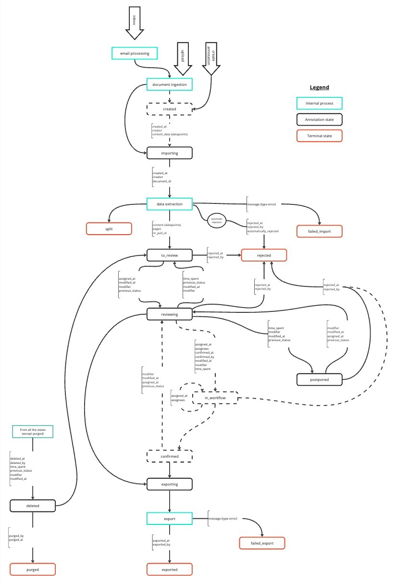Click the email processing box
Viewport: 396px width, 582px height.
(135, 53)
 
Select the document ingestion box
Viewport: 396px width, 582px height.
(169, 85)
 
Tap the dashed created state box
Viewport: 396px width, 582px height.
(169, 109)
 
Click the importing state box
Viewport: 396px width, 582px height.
(169, 153)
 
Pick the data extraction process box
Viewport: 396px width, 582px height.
(169, 204)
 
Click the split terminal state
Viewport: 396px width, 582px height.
(109, 228)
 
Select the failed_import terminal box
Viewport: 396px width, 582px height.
(319, 231)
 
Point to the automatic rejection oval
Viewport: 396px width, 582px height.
(216, 221)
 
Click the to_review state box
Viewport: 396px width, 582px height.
(169, 255)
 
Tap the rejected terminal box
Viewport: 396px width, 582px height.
(264, 255)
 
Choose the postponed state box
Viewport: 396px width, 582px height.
(319, 380)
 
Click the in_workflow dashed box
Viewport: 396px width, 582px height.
(215, 398)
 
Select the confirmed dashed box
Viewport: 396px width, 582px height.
(169, 456)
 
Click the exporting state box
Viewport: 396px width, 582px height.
(169, 484)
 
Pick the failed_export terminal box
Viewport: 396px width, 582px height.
(262, 543)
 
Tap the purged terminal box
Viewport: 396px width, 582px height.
(33, 570)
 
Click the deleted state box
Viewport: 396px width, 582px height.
(33, 505)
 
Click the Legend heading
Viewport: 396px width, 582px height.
(319, 87)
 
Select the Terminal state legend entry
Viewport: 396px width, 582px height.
(319, 136)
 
